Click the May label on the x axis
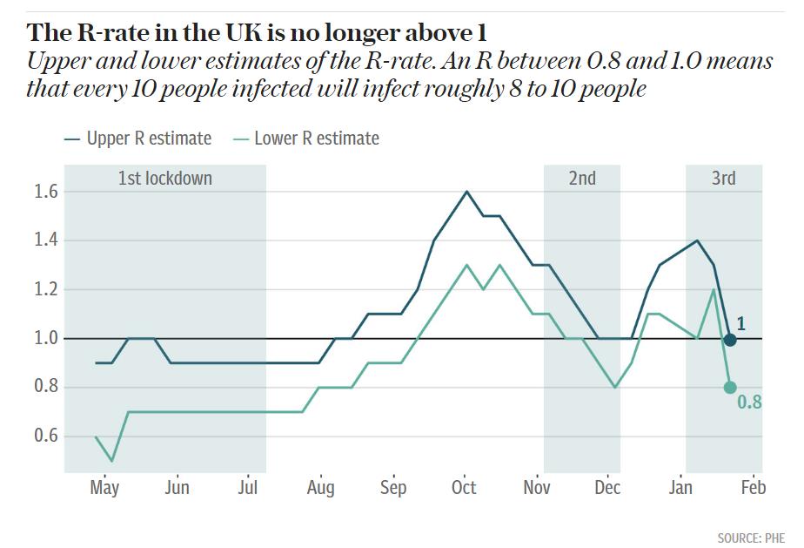(104, 488)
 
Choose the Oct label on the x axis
(464, 488)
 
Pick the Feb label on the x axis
(753, 488)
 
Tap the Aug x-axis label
(320, 488)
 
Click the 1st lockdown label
(165, 179)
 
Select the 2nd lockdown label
(582, 179)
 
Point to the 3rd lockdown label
(723, 179)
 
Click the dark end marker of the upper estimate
(730, 340)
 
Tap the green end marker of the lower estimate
(730, 387)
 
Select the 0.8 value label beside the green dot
(749, 403)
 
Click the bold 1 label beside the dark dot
(740, 324)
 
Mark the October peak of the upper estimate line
(467, 192)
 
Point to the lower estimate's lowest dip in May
(112, 460)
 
